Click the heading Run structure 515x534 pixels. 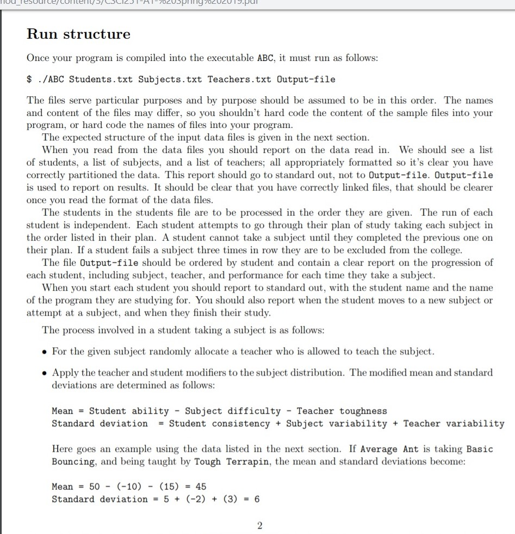tap(79, 34)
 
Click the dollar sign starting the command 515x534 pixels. tap(30, 79)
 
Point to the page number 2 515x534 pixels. tap(259, 525)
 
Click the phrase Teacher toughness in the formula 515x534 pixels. tap(342, 411)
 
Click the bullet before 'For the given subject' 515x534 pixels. tap(45, 352)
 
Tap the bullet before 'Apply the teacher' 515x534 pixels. tap(45, 373)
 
